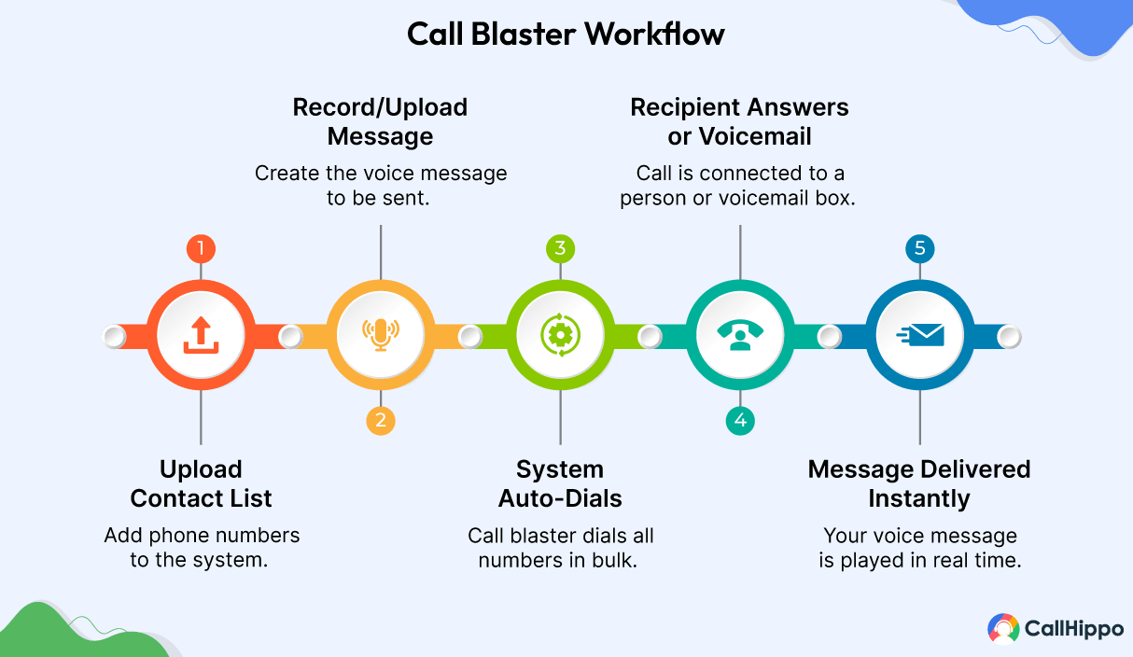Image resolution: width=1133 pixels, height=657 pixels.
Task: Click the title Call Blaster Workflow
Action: click(x=566, y=35)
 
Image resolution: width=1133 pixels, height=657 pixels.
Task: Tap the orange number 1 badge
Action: click(x=201, y=249)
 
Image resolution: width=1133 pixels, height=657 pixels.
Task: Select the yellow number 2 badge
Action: click(x=380, y=421)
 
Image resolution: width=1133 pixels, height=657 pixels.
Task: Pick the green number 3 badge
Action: click(x=560, y=249)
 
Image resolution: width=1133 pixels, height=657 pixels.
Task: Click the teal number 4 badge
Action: click(x=740, y=421)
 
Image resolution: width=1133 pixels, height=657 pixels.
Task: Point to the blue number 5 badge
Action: click(x=920, y=249)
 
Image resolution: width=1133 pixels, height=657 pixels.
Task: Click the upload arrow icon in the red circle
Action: click(x=201, y=335)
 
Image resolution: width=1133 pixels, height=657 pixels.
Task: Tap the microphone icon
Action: click(x=380, y=335)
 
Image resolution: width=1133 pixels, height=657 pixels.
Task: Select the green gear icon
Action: click(x=560, y=335)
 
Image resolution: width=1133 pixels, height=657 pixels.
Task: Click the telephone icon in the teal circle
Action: click(x=740, y=335)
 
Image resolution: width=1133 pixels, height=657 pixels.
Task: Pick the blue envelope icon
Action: click(x=920, y=335)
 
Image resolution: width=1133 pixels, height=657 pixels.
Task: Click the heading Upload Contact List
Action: click(x=201, y=483)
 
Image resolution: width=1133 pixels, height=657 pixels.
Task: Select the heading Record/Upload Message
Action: click(x=380, y=121)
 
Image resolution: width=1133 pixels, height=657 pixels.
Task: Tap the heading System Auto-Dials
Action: click(x=560, y=483)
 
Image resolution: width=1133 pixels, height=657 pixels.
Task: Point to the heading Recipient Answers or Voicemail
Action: click(x=739, y=121)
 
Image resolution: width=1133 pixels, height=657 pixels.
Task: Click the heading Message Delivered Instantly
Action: click(x=919, y=483)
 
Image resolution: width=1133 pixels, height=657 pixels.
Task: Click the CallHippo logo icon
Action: click(x=1003, y=628)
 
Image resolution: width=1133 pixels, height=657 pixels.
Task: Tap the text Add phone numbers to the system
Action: click(x=202, y=548)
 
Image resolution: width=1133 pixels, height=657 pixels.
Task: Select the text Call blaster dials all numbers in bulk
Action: click(x=560, y=548)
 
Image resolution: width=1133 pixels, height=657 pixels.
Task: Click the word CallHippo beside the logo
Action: click(x=1074, y=629)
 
